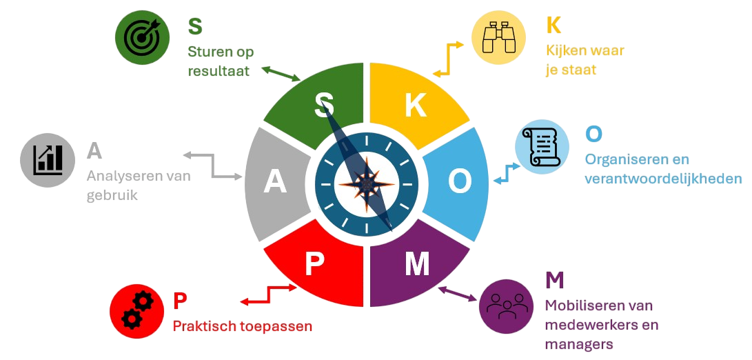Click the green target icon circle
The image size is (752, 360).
(x=142, y=37)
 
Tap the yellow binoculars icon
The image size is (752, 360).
(x=498, y=37)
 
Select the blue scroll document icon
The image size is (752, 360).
(x=542, y=146)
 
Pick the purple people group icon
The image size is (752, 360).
(x=506, y=306)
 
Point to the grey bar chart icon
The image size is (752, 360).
(x=48, y=160)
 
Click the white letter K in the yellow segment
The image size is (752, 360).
(x=416, y=106)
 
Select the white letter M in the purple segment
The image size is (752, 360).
(x=417, y=264)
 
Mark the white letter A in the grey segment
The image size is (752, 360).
(x=275, y=182)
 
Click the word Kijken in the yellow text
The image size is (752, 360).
(x=565, y=51)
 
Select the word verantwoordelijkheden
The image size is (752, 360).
(x=663, y=179)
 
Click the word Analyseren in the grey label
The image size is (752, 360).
(x=120, y=177)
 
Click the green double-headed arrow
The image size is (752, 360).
(x=281, y=74)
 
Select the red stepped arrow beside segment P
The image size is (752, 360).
(x=269, y=294)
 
